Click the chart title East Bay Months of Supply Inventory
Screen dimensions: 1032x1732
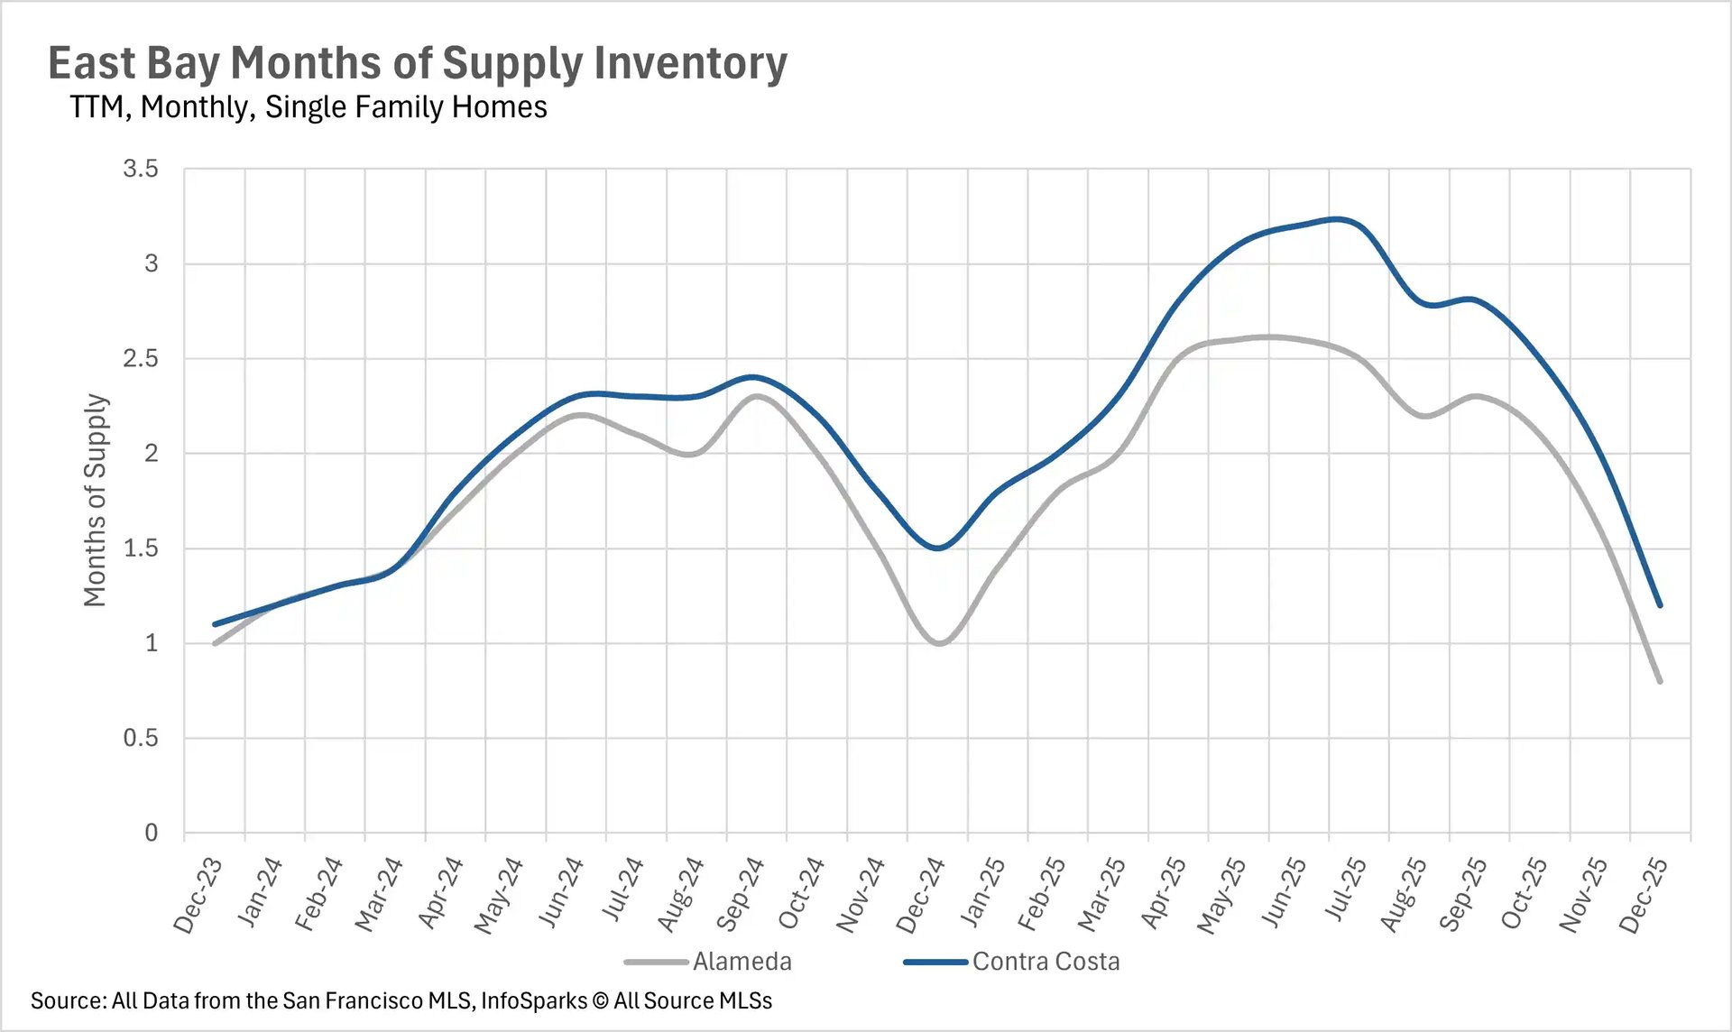417,64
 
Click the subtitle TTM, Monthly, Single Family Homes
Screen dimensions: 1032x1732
308,107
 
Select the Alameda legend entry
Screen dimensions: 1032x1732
742,962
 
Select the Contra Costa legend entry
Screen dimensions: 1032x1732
1045,962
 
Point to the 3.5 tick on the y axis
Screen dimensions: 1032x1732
141,169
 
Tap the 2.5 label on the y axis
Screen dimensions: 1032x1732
141,358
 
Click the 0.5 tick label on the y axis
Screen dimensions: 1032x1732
141,738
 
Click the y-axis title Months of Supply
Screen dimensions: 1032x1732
96,500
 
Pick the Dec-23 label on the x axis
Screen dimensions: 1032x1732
198,895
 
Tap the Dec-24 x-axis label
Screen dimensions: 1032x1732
920,895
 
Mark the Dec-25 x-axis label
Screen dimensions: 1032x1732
1643,895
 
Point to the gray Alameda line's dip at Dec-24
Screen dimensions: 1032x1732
939,643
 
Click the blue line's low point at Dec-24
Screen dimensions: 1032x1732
938,548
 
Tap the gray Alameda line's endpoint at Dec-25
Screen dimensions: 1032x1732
1660,681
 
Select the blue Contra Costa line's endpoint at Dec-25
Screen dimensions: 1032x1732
1660,605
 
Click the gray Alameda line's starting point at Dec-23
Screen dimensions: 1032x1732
215,643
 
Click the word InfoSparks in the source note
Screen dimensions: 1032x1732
534,1000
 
